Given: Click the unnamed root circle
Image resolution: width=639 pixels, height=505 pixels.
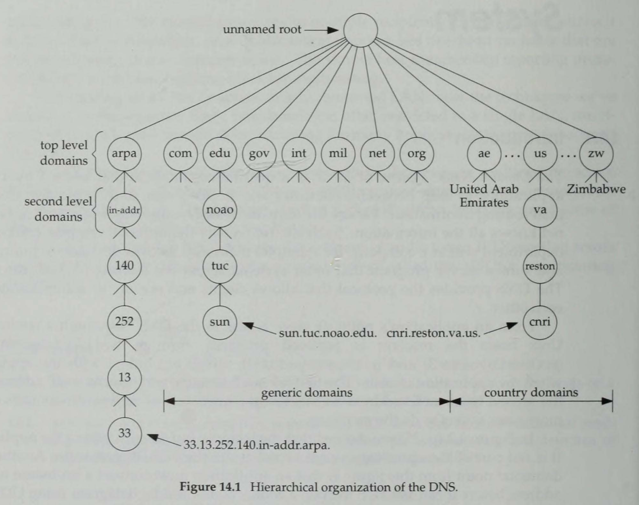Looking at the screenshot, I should [360, 30].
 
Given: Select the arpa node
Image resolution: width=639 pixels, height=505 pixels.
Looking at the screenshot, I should [124, 153].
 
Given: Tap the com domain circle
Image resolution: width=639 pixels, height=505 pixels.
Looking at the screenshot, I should [180, 153].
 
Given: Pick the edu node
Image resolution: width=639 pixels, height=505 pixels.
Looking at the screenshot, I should [220, 153].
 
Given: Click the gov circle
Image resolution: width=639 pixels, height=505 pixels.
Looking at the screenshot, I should [259, 153].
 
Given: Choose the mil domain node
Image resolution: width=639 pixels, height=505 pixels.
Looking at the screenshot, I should [338, 153].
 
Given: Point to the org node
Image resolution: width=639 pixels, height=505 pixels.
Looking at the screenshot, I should [416, 153].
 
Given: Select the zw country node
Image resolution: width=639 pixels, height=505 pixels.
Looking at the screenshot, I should [596, 153].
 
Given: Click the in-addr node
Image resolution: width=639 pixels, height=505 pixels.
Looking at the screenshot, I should [124, 210].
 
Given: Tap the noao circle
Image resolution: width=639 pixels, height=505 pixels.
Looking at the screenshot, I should [220, 210].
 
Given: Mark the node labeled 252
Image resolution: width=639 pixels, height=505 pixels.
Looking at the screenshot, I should [124, 322].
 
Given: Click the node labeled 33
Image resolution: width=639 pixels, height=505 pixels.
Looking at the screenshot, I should [124, 433].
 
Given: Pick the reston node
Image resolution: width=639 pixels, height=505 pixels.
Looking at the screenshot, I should [540, 266].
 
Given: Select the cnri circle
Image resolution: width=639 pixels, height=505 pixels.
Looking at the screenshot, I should [540, 322].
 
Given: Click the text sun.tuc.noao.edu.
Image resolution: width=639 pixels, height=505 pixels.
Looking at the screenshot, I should [328, 333].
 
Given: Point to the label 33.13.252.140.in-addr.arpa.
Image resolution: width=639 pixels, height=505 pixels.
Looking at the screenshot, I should [257, 445].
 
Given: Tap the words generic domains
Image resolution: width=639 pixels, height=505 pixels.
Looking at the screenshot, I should [307, 393].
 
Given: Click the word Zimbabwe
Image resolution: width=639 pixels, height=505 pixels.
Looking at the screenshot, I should [596, 189].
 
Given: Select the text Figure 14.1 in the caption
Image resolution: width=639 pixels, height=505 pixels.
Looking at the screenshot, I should [210, 486].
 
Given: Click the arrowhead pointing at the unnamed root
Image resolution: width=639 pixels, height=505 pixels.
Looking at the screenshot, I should [333, 30].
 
